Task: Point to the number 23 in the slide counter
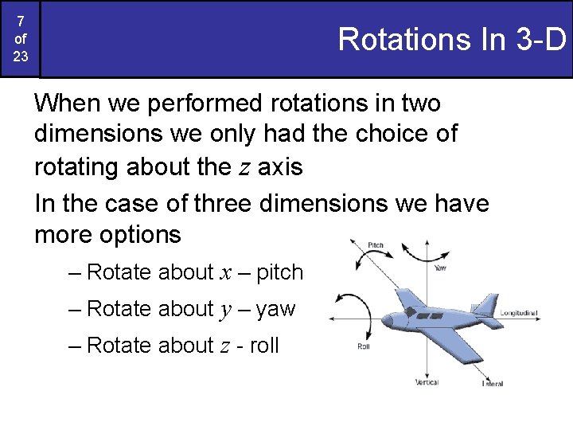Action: coord(19,57)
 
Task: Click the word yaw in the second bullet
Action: coord(276,309)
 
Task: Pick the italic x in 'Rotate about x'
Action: coord(226,272)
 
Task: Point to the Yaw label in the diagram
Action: coord(441,268)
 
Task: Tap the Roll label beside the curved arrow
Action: coord(363,346)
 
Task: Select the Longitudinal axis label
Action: coord(519,313)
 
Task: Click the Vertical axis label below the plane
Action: coord(427,383)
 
